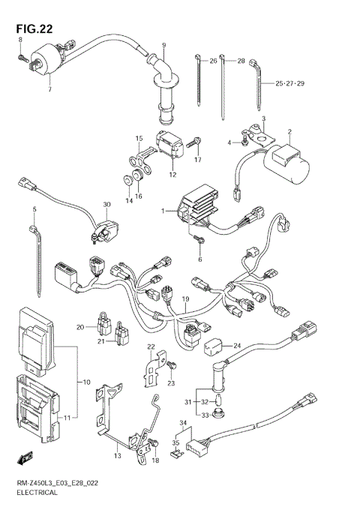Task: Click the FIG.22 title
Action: point(35,28)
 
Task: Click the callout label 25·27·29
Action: point(290,83)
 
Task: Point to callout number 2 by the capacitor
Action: point(289,133)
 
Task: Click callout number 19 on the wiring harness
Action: point(184,298)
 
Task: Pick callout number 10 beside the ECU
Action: point(86,382)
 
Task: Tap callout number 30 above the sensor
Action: point(106,205)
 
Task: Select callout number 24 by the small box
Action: point(237,346)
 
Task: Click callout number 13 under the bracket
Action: point(117,454)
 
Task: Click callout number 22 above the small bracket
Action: point(150,346)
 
